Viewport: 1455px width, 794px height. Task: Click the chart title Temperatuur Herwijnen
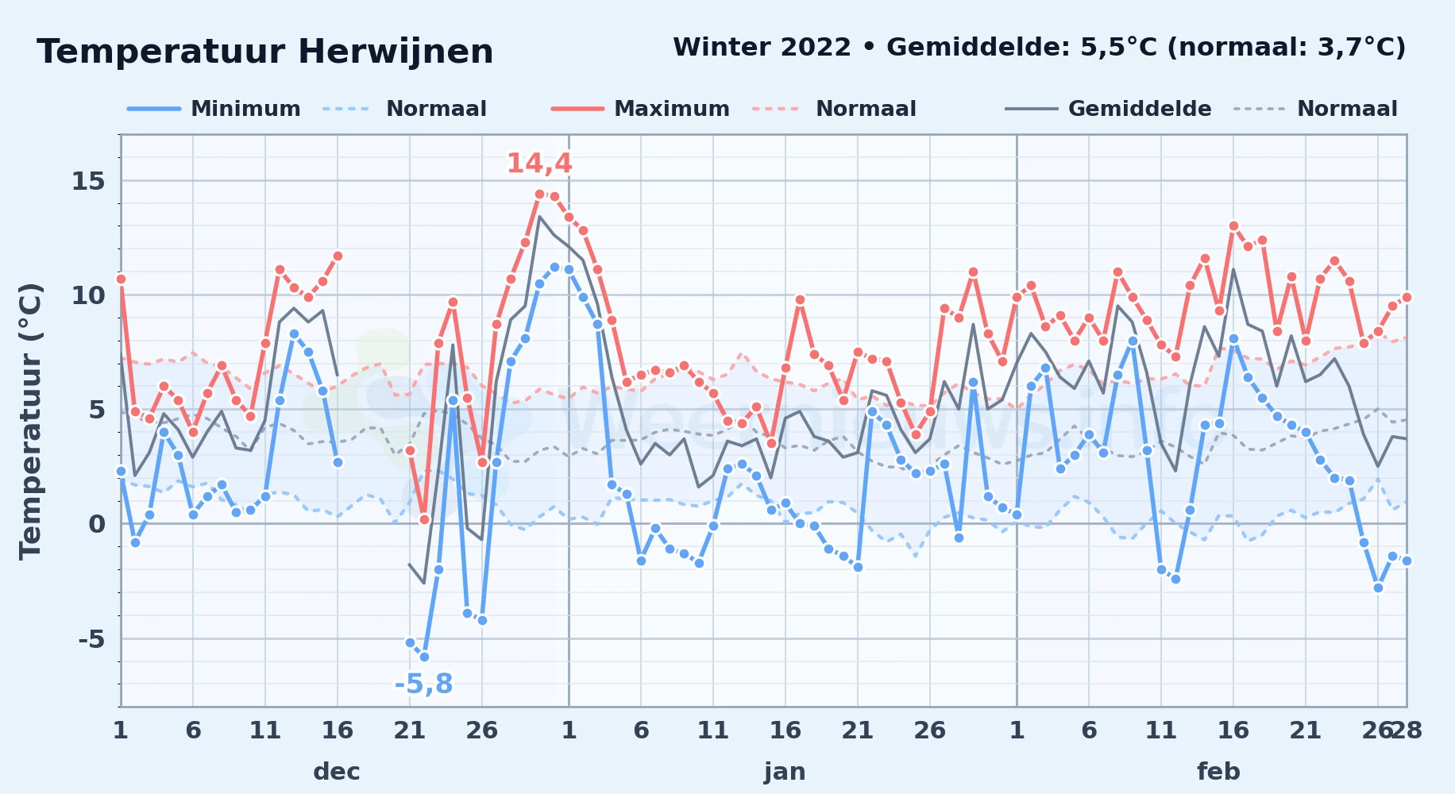pos(265,52)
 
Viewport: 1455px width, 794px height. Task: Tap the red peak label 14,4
pos(539,164)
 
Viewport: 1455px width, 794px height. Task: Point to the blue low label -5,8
pos(423,684)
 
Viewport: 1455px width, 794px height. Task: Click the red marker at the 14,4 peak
pos(539,194)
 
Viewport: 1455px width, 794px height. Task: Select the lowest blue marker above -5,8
pos(424,657)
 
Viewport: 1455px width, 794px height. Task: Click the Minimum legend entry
pos(214,109)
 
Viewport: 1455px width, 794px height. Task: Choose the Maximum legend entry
pos(641,109)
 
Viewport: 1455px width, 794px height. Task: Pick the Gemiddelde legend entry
pos(1109,109)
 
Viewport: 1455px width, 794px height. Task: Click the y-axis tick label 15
pos(88,181)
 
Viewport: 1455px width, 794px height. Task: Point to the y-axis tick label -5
pos(91,638)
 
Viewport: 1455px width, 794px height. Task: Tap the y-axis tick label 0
pos(97,524)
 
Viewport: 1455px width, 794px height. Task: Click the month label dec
pos(337,771)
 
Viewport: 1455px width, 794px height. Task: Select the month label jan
pos(785,771)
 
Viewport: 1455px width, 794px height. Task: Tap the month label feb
pos(1218,771)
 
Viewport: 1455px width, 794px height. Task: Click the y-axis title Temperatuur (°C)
pos(30,422)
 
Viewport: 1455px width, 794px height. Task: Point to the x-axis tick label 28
pos(1407,730)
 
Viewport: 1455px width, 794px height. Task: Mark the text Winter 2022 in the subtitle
pos(762,47)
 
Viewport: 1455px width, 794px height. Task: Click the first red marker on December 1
pos(121,279)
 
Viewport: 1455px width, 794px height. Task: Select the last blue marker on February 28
pos(1407,561)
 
